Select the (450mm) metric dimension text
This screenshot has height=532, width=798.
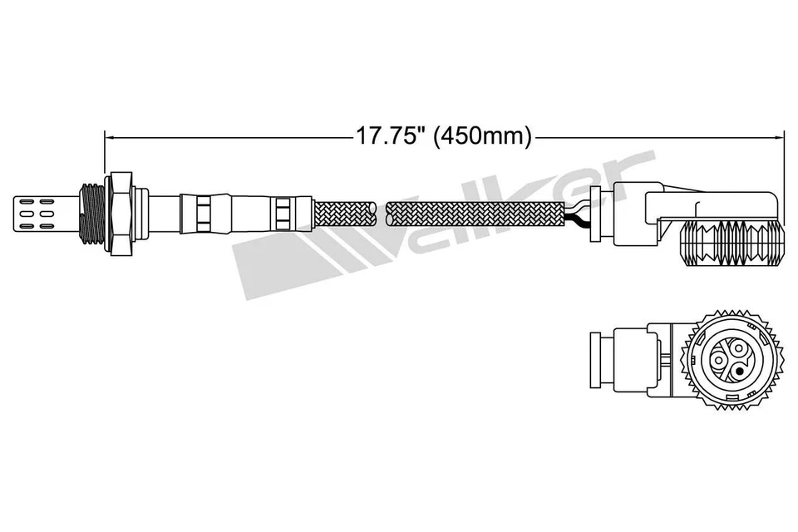[483, 135]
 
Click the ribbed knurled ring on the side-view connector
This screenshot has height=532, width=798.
[731, 242]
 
